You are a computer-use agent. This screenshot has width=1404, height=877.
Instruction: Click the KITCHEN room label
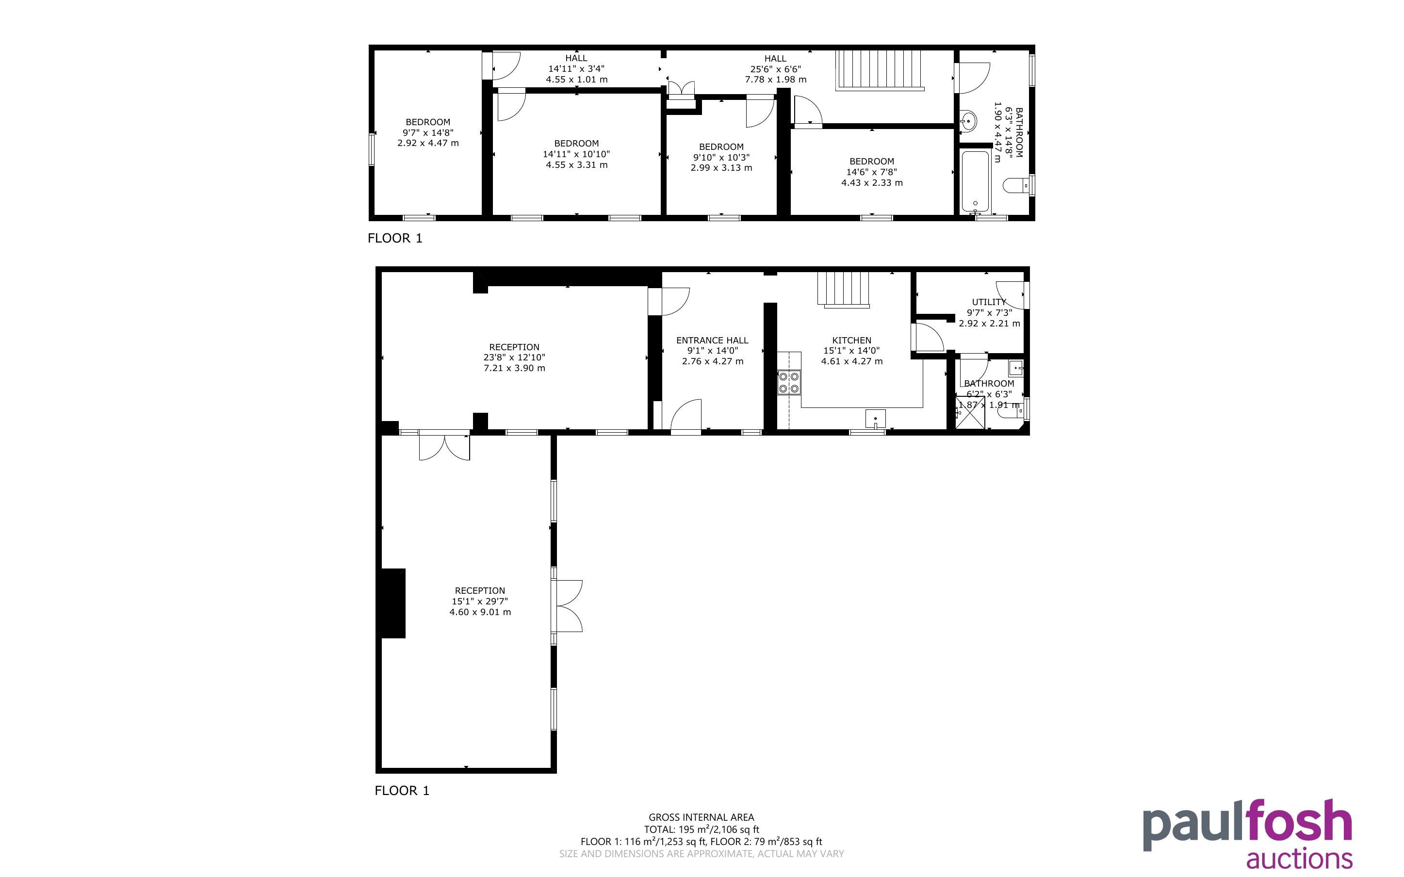[851, 341]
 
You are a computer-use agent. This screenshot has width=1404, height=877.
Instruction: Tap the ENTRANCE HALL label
[712, 341]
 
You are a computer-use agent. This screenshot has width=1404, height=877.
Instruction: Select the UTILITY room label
[989, 302]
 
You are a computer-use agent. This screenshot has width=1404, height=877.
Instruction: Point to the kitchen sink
[875, 418]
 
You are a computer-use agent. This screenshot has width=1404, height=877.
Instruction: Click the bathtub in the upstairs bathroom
[976, 181]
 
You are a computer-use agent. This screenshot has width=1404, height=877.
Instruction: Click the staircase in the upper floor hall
[879, 70]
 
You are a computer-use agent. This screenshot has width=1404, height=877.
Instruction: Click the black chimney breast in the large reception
[393, 603]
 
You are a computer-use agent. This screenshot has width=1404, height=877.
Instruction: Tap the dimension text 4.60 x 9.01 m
[480, 612]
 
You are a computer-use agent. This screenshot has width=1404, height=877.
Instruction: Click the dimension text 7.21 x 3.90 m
[514, 368]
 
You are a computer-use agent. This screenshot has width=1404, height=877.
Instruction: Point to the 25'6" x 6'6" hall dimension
[775, 69]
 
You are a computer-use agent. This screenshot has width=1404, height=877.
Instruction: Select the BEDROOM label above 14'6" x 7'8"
[872, 161]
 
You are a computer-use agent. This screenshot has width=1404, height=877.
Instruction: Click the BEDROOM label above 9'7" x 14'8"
[428, 122]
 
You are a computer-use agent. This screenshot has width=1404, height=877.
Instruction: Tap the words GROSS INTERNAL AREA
[701, 818]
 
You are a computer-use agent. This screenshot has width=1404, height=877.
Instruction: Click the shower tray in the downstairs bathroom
[970, 412]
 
